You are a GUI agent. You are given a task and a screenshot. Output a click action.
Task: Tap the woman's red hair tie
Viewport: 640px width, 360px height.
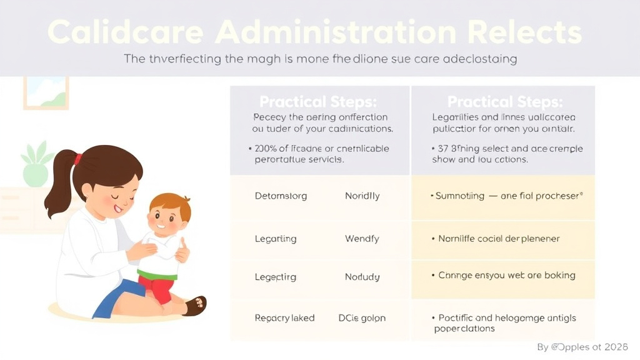tap(78, 159)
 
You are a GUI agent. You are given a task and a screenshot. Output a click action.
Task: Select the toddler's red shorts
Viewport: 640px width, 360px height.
tap(156, 288)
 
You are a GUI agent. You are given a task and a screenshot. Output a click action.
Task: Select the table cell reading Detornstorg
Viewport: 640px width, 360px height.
tap(281, 196)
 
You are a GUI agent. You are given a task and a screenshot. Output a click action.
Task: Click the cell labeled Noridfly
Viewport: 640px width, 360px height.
tap(362, 196)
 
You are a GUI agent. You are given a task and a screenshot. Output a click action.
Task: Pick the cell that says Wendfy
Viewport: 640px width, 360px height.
tap(362, 239)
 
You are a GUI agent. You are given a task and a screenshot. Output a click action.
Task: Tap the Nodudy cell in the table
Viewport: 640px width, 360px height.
tap(362, 277)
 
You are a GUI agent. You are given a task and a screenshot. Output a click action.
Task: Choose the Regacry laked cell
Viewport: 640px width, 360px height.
tap(284, 318)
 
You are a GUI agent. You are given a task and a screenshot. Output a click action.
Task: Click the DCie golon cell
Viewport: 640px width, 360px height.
tap(362, 318)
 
